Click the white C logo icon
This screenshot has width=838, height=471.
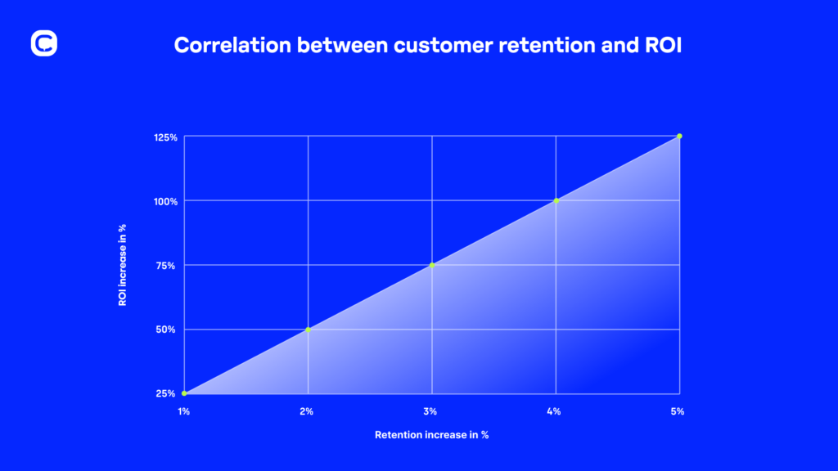(44, 43)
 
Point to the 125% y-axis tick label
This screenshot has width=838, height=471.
(165, 137)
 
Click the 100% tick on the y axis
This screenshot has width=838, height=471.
(165, 201)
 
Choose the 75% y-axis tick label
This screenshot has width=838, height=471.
(167, 265)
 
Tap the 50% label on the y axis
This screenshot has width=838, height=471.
(167, 330)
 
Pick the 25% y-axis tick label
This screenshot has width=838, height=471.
(167, 393)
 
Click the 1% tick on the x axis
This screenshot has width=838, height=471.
(184, 411)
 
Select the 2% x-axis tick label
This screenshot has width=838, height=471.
(308, 411)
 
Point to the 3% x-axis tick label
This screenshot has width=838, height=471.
(431, 411)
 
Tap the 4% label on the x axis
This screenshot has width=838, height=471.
(555, 411)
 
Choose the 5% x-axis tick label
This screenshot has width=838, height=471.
(678, 411)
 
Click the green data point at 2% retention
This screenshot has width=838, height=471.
(308, 330)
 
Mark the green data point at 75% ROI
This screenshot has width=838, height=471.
(432, 265)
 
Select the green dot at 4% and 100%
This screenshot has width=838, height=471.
(556, 200)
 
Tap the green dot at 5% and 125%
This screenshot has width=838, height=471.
(679, 137)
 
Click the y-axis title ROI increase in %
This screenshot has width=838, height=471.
(123, 266)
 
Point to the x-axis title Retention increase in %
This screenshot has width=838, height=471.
(431, 435)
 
